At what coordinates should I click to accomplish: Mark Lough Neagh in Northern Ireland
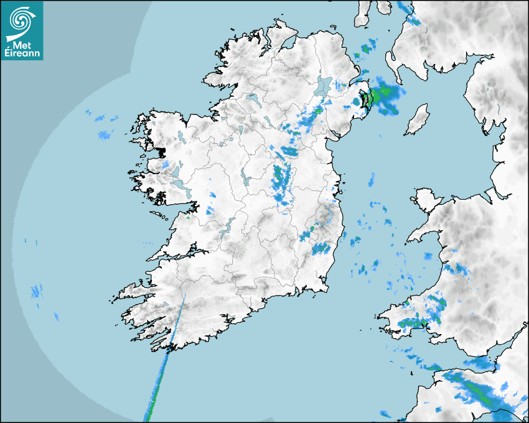point(323,86)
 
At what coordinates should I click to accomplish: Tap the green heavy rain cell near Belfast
point(376,96)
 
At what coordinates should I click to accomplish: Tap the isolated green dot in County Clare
point(188,218)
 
